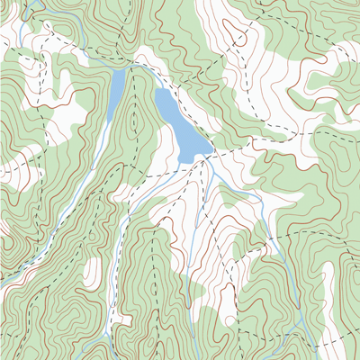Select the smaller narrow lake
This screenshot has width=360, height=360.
click(x=116, y=90)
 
